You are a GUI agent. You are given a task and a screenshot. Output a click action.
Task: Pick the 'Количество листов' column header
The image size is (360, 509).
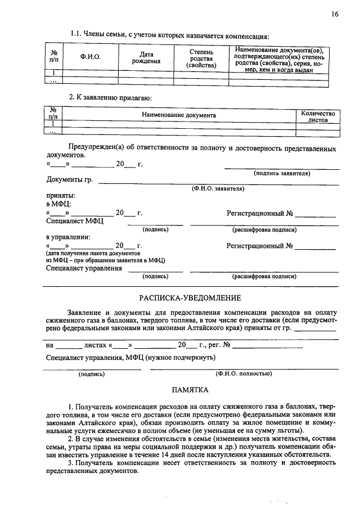[x=318, y=116]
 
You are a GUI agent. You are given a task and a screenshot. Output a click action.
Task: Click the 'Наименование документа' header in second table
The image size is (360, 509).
[x=179, y=115]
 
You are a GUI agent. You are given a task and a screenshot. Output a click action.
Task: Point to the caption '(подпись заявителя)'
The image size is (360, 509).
[x=282, y=173]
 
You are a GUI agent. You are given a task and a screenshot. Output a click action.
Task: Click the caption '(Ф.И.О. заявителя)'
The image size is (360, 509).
[x=218, y=189]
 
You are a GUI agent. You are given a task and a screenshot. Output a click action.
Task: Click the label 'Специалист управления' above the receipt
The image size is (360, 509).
[x=84, y=268]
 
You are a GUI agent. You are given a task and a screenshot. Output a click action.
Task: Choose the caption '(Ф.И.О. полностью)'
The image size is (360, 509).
[x=244, y=373]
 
